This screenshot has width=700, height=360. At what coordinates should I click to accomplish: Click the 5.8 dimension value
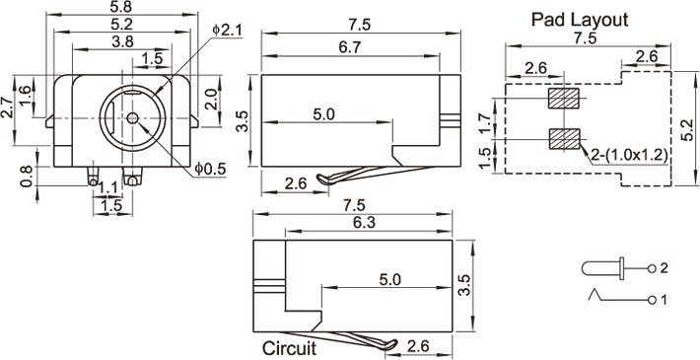[x=122, y=7]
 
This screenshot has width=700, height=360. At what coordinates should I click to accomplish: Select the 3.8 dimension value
[x=122, y=42]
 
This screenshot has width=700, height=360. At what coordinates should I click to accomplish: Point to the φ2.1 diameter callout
[x=227, y=31]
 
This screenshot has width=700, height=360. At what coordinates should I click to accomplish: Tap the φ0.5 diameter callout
[x=210, y=169]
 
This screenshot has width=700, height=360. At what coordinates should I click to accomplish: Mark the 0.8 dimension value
[x=27, y=176]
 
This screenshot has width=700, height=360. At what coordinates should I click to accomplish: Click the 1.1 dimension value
[x=107, y=189]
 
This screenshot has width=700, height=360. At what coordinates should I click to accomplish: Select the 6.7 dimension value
[x=350, y=48]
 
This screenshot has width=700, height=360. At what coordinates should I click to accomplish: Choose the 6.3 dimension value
[x=365, y=223]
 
